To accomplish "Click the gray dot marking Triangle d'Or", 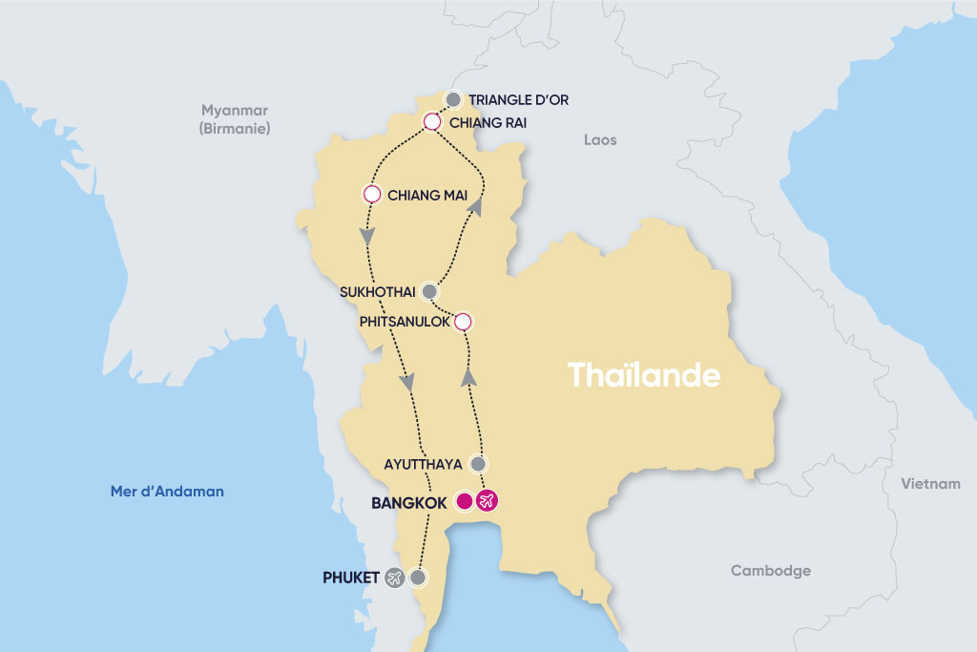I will point(453,99).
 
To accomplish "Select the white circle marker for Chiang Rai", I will point(431,121).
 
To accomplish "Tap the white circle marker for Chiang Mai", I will point(372,194).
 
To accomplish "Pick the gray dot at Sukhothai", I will point(429,291).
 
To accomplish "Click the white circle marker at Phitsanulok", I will point(463,321).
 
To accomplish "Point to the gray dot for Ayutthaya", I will point(479,464).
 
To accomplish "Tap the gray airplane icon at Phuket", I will point(394,578).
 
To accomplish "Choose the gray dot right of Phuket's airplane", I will point(417,578).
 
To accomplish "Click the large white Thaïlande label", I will point(644,375).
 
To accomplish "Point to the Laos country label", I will point(600,140).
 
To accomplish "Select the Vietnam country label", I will point(930,484).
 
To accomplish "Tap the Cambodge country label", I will point(770,571).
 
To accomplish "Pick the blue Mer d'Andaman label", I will point(167,492).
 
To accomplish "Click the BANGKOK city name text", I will point(410,501).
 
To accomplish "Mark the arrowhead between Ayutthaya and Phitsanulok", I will point(468,378).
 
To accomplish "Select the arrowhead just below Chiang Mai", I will point(365,235).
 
